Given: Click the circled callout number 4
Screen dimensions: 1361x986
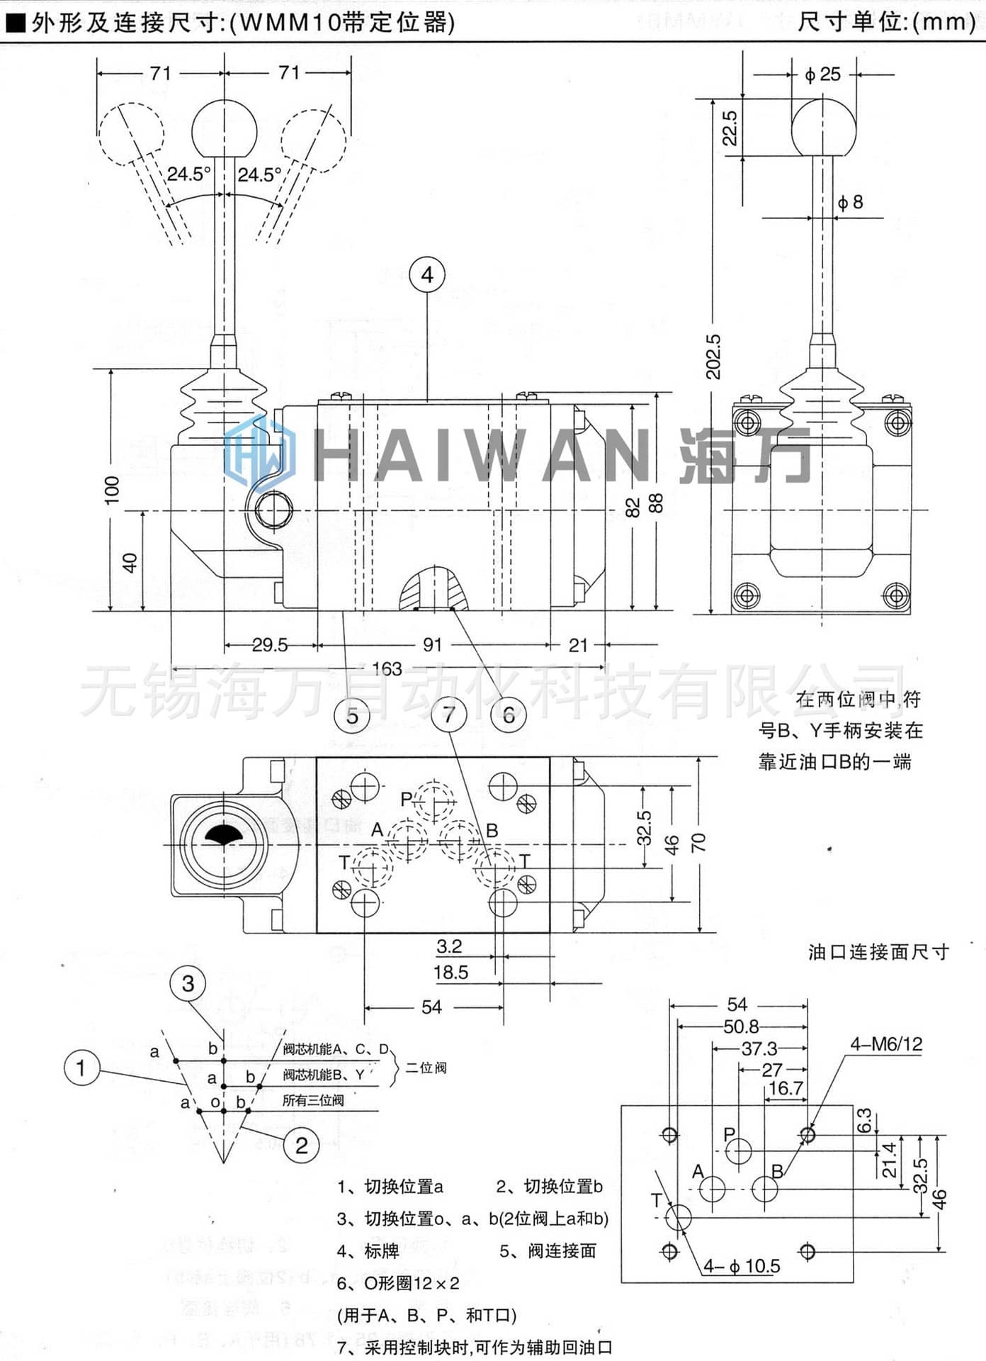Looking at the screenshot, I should click(x=427, y=275).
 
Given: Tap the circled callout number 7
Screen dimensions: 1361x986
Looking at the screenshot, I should click(x=449, y=714).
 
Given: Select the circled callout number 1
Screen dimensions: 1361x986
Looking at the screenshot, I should click(x=81, y=1068).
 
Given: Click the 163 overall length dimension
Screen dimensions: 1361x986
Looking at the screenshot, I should click(x=387, y=668).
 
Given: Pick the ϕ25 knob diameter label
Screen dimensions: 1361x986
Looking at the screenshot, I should click(x=823, y=74).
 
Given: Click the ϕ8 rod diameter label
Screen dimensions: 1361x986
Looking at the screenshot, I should click(x=850, y=203).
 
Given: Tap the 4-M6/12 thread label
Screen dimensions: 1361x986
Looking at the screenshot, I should click(x=886, y=1043).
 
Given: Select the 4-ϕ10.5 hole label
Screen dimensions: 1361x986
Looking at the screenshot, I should click(x=742, y=1266).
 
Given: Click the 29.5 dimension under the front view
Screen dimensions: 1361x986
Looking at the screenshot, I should click(x=270, y=645).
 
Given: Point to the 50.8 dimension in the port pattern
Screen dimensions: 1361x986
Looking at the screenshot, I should click(x=741, y=1026).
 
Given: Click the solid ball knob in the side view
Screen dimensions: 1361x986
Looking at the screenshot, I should click(x=823, y=128).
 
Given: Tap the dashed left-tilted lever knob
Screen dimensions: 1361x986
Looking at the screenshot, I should click(x=131, y=134).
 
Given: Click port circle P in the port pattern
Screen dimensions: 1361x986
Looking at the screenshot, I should click(x=739, y=1150).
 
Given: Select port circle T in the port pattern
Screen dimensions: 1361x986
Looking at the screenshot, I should click(x=679, y=1217).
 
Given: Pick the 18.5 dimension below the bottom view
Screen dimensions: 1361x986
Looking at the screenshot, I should click(x=451, y=973).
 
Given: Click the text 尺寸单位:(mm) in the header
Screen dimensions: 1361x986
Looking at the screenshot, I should click(x=886, y=22).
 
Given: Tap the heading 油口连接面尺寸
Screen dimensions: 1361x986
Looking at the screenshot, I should click(x=878, y=952).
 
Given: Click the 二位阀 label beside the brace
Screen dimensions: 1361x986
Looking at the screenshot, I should click(x=426, y=1068).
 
